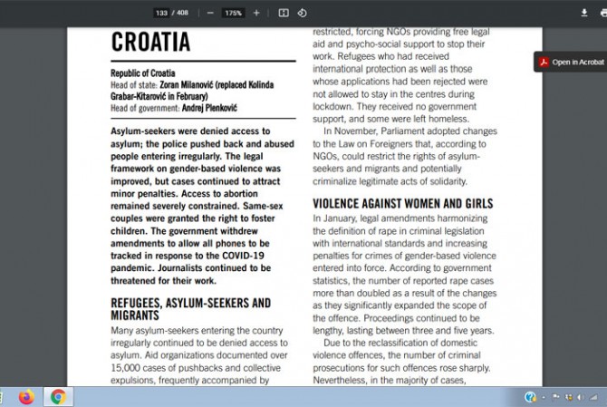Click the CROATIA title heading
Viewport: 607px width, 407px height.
[x=150, y=42]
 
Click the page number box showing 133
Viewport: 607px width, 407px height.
[x=162, y=13]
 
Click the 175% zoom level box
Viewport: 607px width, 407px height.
[x=233, y=13]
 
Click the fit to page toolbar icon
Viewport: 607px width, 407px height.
[x=284, y=13]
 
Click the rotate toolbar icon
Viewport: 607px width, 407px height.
[x=302, y=13]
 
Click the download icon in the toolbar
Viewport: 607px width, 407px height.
[x=583, y=13]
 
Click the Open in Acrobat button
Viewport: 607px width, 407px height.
[x=571, y=62]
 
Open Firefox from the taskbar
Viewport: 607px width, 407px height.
[x=25, y=396]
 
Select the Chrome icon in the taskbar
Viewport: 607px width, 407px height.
[x=58, y=396]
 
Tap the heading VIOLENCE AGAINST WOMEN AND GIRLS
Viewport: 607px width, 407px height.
[x=403, y=204]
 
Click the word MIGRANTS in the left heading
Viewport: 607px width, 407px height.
[x=135, y=315]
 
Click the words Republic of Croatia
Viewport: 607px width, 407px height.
[x=143, y=73]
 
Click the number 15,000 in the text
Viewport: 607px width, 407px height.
[x=126, y=368]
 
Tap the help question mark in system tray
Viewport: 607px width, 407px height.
[x=530, y=396]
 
